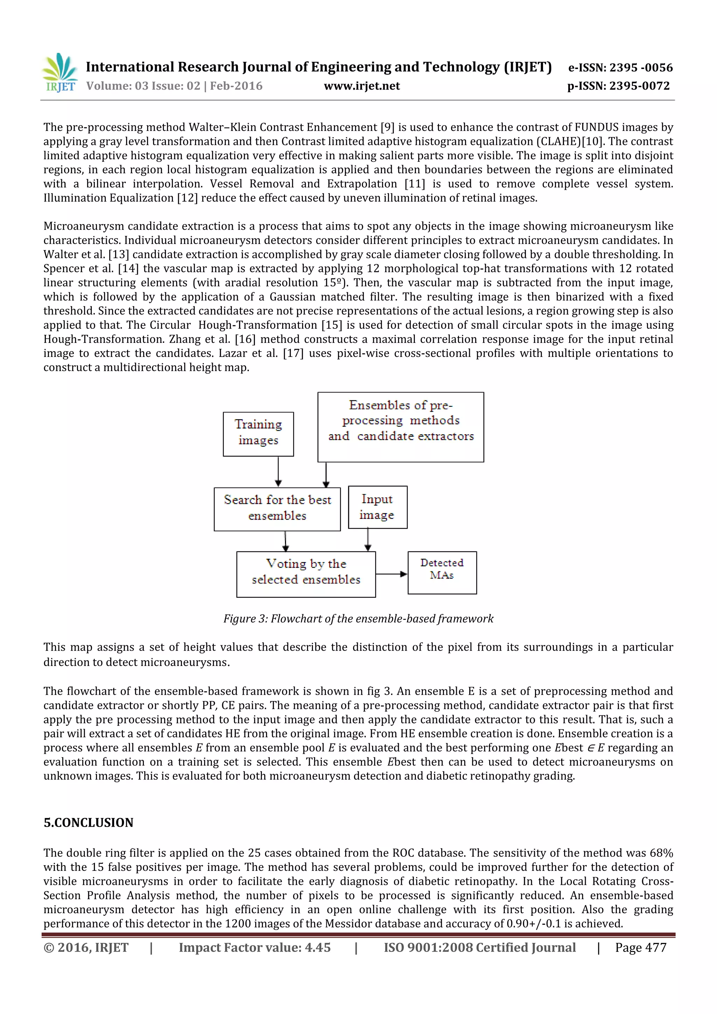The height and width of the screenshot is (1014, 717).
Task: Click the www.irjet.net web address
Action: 362,86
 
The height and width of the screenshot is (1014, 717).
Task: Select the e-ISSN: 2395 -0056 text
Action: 620,68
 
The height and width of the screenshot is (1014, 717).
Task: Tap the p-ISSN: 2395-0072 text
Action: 618,86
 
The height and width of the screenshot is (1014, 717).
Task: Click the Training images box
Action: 258,434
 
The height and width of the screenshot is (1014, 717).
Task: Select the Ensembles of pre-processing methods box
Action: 401,426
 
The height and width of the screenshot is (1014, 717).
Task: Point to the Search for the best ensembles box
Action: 277,509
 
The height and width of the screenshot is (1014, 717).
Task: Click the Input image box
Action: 377,507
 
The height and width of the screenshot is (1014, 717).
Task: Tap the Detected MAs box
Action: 442,572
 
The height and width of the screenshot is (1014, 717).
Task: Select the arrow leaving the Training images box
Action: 278,471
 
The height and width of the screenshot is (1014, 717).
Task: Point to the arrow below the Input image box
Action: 368,539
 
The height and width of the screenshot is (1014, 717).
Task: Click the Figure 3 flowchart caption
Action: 358,618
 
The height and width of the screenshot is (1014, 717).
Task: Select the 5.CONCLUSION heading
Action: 88,822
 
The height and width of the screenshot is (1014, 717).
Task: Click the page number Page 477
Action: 641,947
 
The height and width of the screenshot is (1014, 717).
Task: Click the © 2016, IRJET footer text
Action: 86,947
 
